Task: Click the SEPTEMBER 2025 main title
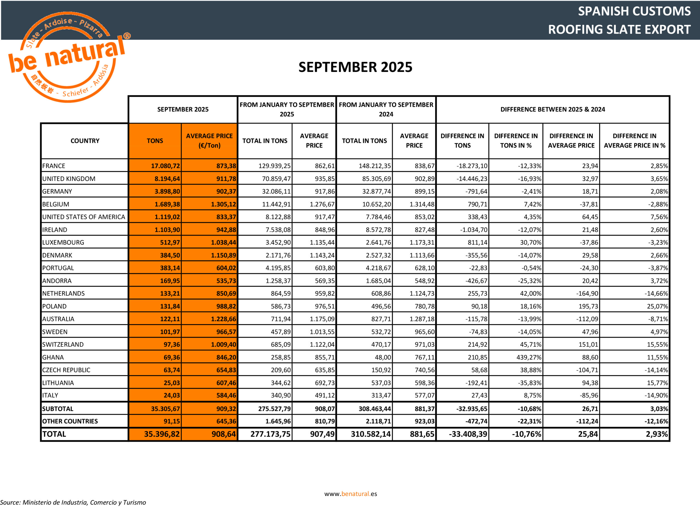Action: tap(355, 67)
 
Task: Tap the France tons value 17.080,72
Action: tap(165, 166)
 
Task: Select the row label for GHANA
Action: tap(53, 357)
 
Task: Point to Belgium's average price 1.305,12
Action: tap(223, 204)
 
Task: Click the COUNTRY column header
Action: tap(85, 141)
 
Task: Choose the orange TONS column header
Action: tap(155, 141)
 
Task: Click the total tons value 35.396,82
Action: tap(161, 434)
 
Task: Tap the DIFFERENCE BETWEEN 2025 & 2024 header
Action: tap(552, 109)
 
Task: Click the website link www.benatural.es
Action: tap(350, 494)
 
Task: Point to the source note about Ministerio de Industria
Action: tap(73, 502)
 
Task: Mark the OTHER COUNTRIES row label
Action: tap(70, 421)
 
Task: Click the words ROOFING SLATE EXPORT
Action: tap(619, 29)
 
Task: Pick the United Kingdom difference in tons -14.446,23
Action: tap(472, 179)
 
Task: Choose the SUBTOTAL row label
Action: tap(58, 409)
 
